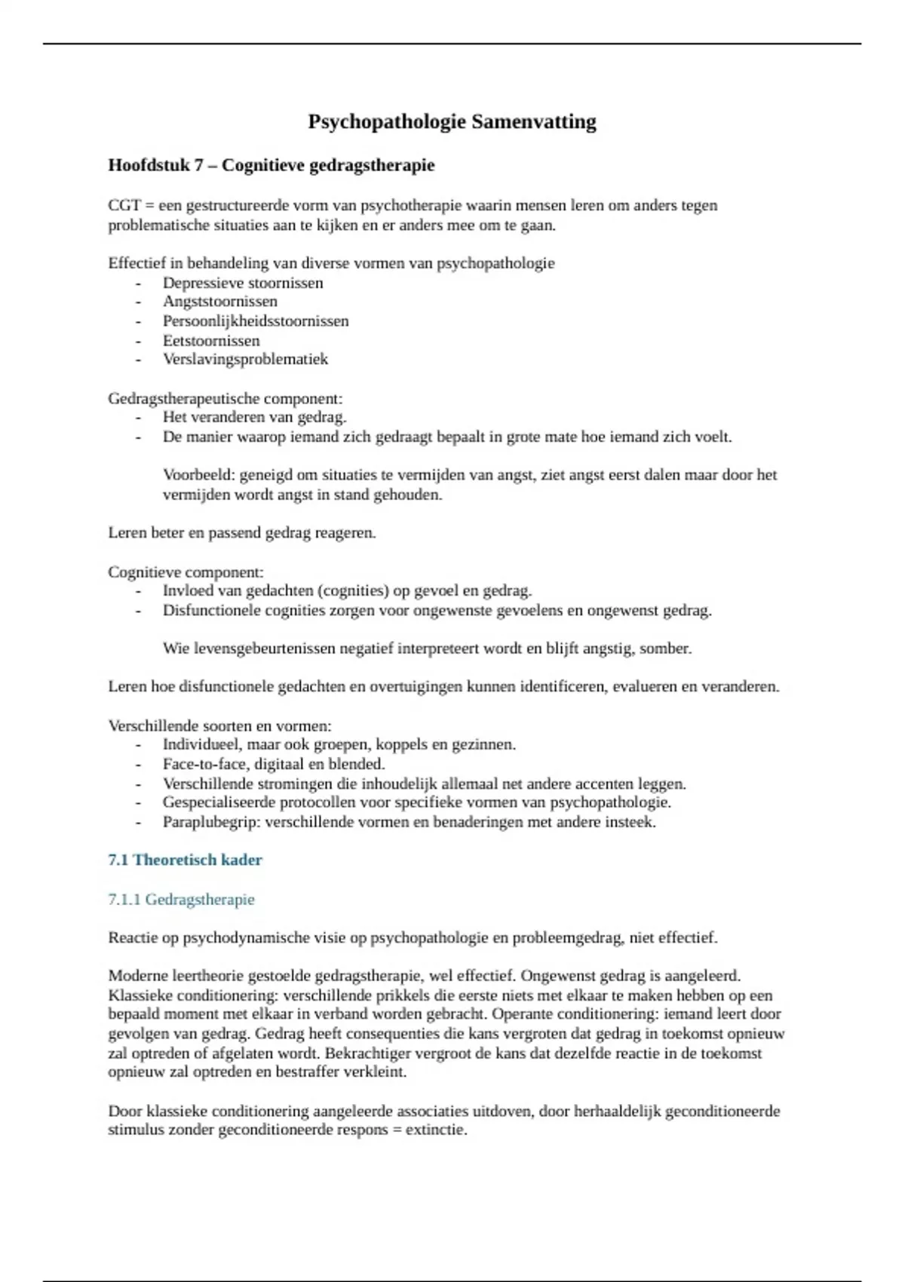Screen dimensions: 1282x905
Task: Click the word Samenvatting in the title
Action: (533, 122)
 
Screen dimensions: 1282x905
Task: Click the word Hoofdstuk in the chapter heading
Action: (149, 165)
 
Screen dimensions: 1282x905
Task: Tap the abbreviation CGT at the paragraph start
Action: (124, 206)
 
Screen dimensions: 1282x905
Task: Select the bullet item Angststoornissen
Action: (219, 302)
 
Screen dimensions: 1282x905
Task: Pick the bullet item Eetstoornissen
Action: (211, 341)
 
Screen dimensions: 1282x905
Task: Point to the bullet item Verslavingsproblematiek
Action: (245, 360)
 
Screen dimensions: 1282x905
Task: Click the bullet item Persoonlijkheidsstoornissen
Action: (256, 321)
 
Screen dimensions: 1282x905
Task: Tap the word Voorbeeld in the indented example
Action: (198, 475)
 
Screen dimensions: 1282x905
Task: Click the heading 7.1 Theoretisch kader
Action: (185, 860)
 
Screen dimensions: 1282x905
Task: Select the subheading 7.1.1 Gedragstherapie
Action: (181, 900)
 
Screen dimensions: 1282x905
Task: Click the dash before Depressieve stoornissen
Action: (138, 284)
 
